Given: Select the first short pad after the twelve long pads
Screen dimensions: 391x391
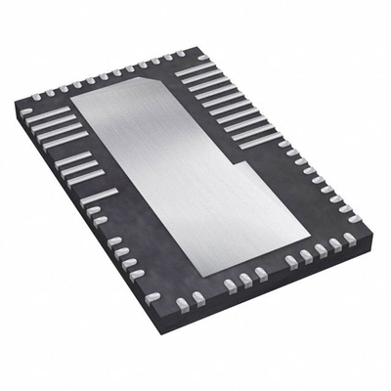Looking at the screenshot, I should pos(283,146).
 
